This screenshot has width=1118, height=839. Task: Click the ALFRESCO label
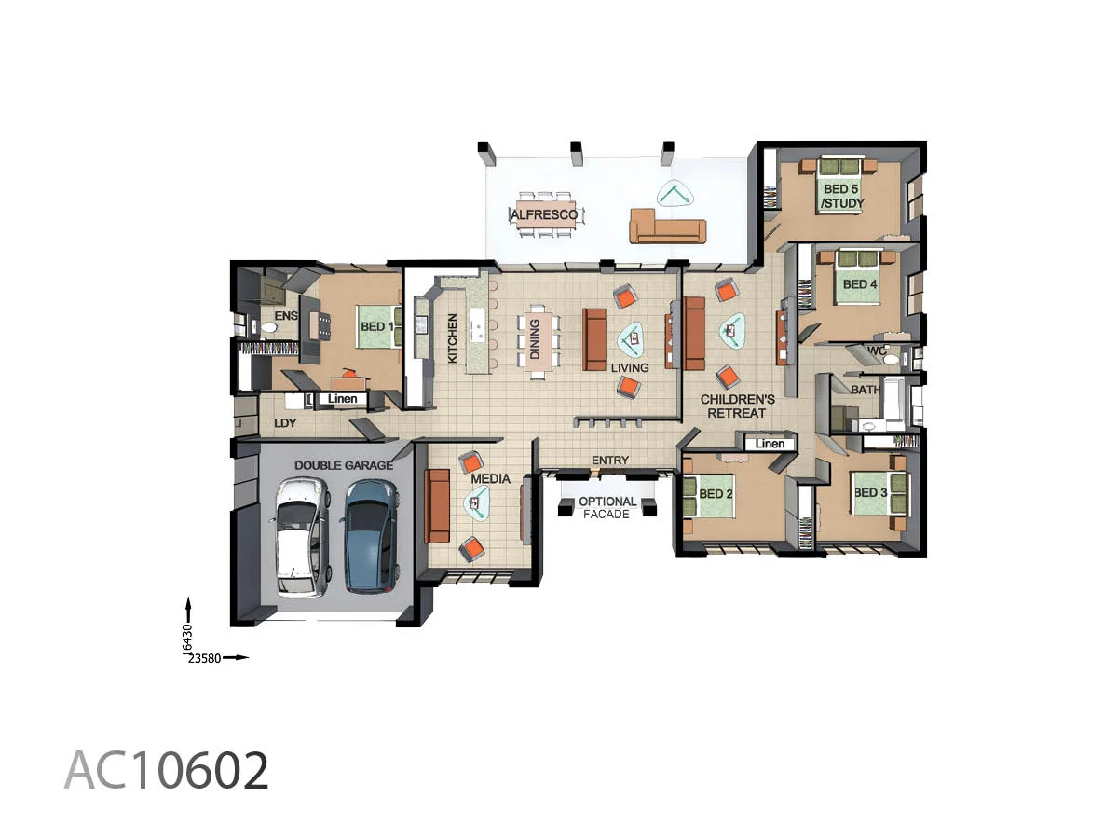click(x=543, y=215)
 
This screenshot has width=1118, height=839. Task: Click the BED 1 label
click(x=377, y=327)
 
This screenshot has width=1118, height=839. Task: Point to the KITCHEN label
click(x=453, y=337)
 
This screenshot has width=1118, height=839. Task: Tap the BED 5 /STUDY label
click(x=841, y=196)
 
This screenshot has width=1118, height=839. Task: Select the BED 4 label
click(x=860, y=284)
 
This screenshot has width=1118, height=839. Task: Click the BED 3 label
click(x=870, y=493)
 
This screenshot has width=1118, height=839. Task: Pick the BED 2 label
click(x=716, y=493)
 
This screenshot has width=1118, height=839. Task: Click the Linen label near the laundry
click(x=342, y=399)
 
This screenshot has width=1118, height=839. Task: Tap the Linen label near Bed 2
click(x=770, y=444)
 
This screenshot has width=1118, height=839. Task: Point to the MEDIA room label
click(x=490, y=479)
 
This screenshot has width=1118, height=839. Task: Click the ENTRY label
click(x=610, y=461)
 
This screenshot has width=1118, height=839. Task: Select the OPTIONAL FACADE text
click(x=607, y=507)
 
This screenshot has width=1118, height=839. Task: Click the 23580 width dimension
click(x=206, y=658)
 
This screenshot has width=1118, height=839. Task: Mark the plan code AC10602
click(x=167, y=771)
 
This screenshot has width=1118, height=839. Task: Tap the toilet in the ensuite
click(x=268, y=327)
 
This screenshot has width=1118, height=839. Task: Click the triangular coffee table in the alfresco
click(x=674, y=194)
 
